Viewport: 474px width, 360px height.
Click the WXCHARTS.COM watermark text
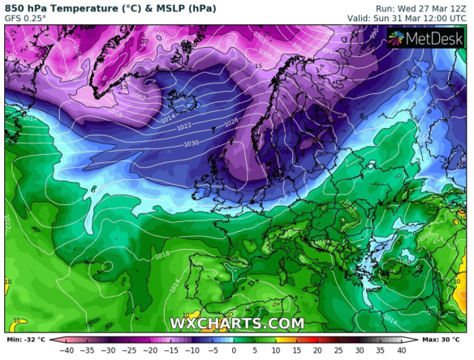[237, 324]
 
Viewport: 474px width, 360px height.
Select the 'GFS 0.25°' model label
[26, 18]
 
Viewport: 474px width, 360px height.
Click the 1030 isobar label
[191, 144]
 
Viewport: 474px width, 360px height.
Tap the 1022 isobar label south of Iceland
[185, 126]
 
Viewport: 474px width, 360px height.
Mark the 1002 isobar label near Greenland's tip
[139, 96]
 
